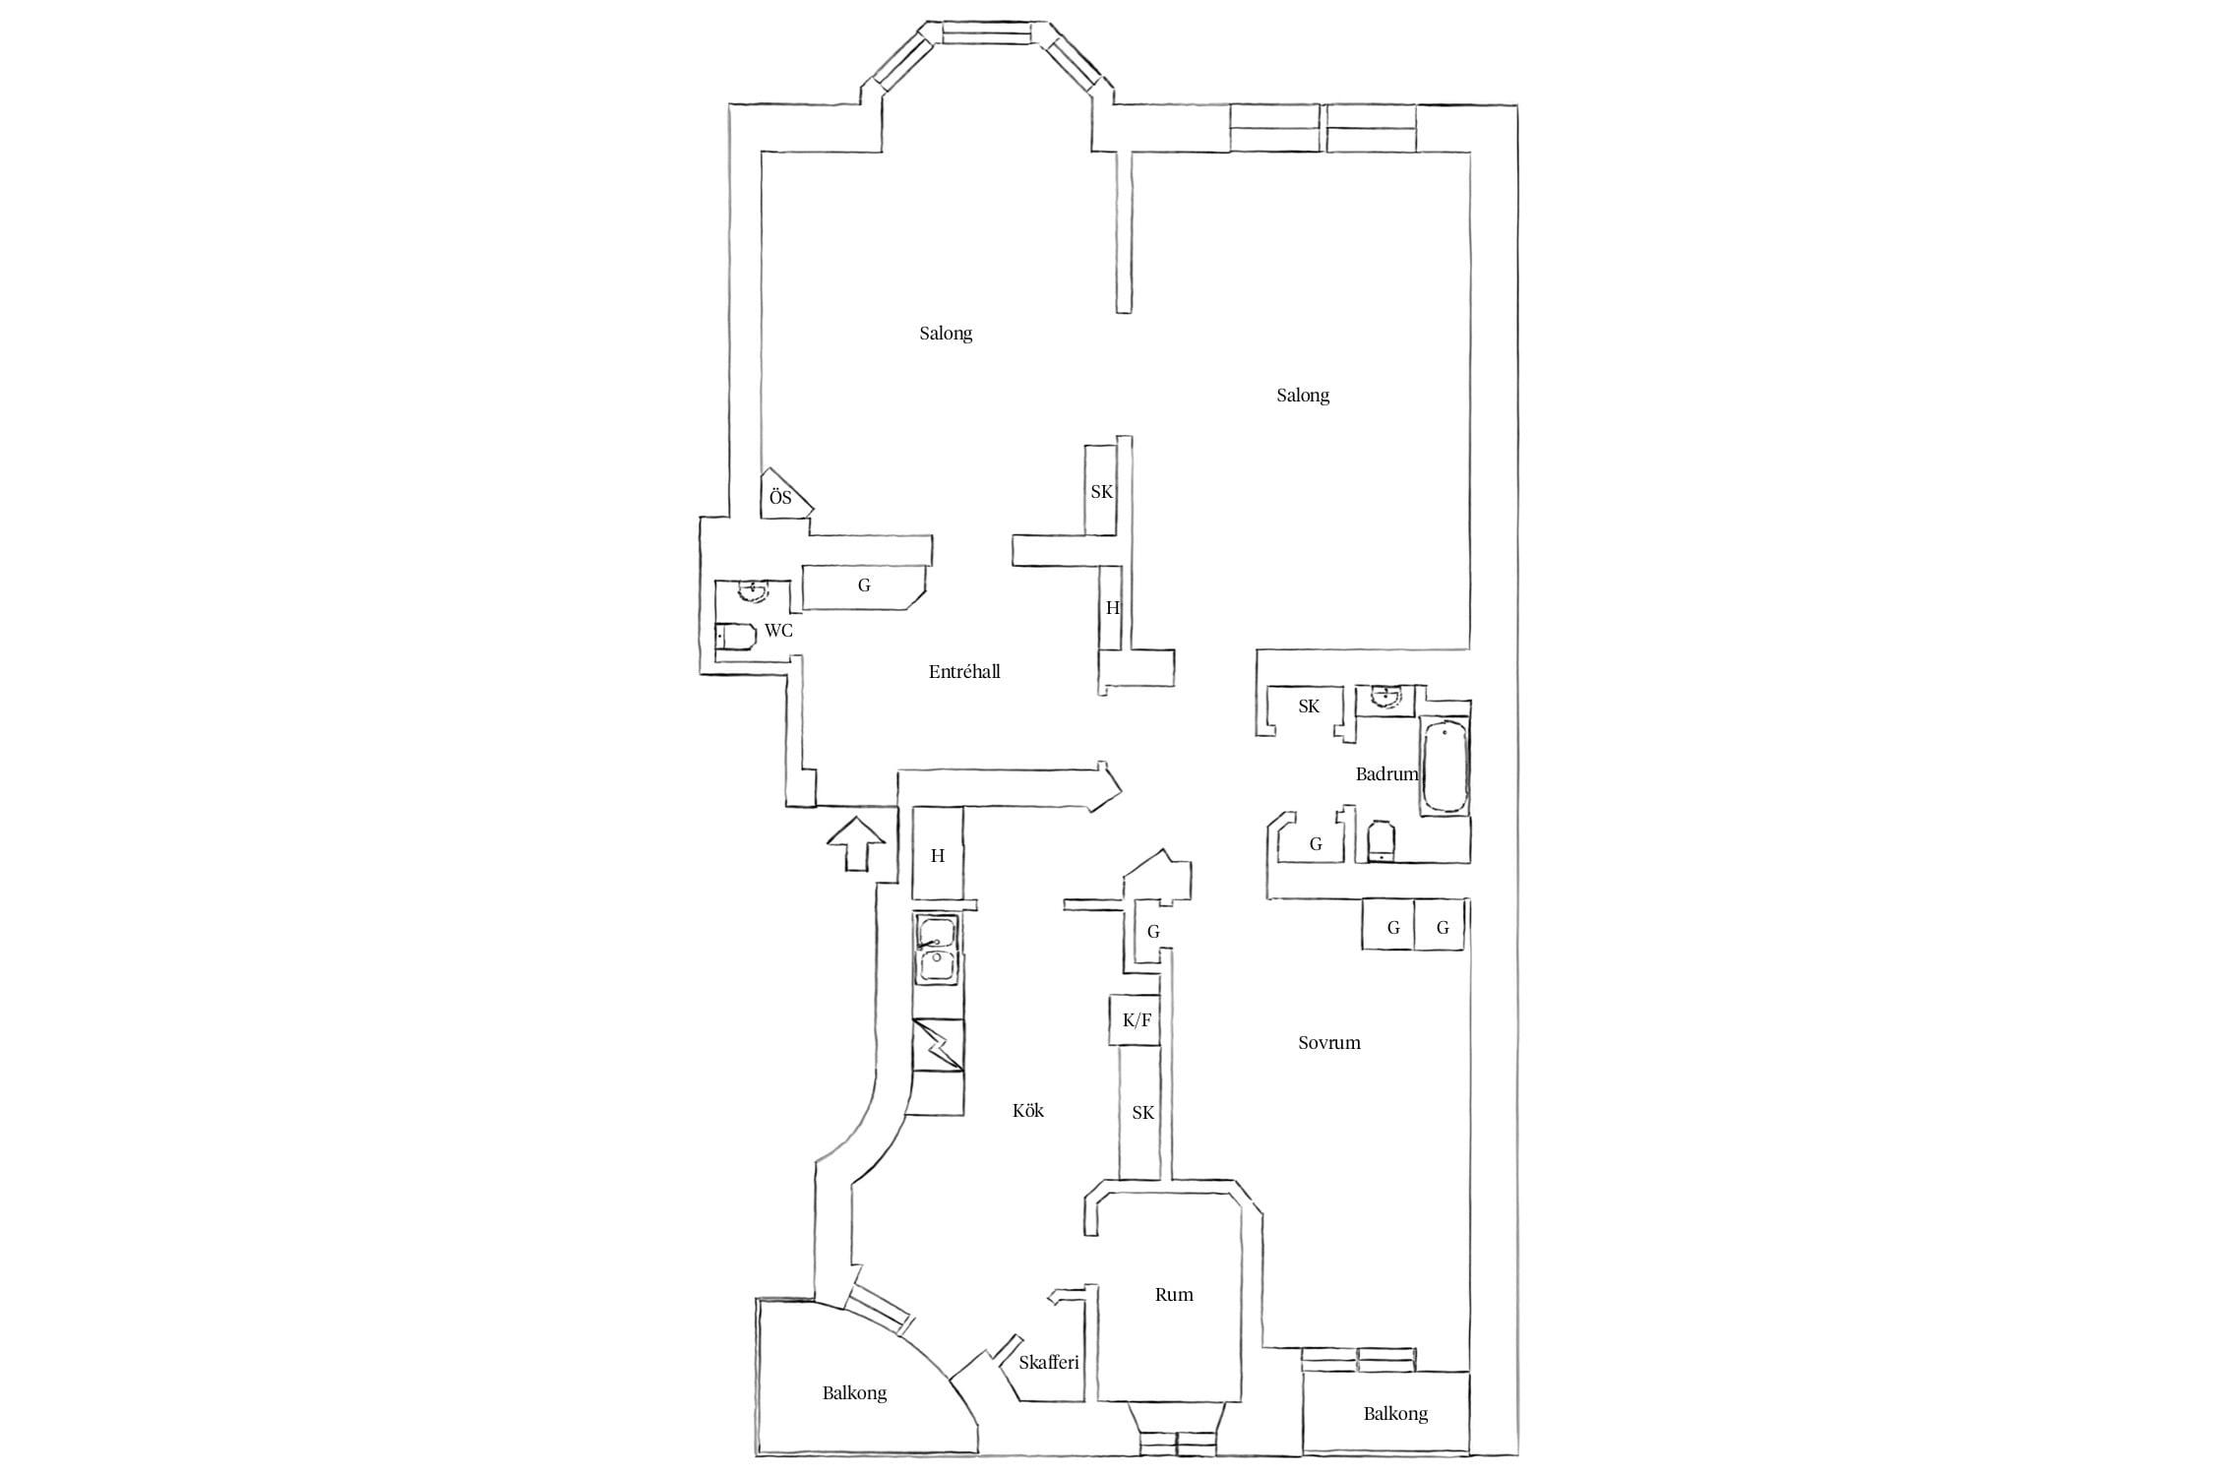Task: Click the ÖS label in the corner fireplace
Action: (780, 498)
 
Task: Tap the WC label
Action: (778, 631)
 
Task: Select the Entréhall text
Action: (964, 672)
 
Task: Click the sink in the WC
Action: (754, 590)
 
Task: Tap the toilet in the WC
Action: (735, 637)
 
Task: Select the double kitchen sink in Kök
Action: (938, 949)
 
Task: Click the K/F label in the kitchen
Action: (1137, 1020)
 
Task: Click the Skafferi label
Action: (1049, 1363)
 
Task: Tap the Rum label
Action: (1174, 1295)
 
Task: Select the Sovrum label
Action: (1329, 1043)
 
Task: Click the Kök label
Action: (1028, 1111)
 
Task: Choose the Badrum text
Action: (1386, 774)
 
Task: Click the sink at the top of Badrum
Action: (1384, 698)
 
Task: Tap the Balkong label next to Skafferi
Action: (854, 1394)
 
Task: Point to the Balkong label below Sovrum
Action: (1395, 1415)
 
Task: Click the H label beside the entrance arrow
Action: (938, 856)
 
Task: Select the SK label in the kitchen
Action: (1142, 1114)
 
